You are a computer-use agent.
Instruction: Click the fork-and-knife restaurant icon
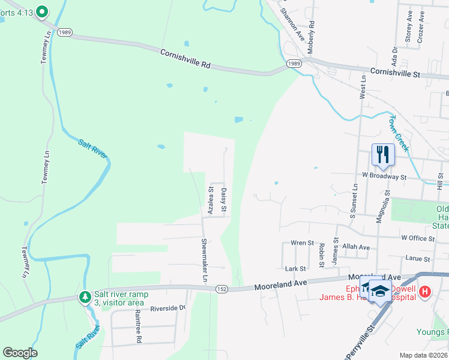[x=382, y=154]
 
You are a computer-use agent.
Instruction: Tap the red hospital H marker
[x=425, y=292]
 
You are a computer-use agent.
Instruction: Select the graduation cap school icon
[x=379, y=291]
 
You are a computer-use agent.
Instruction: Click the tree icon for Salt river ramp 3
[x=85, y=297]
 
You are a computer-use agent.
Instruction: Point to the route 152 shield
[x=221, y=289]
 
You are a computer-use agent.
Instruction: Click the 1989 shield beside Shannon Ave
[x=293, y=64]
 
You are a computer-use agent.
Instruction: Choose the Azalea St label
[x=211, y=200]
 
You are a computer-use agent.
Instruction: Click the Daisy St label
[x=224, y=200]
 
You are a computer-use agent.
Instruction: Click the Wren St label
[x=302, y=243]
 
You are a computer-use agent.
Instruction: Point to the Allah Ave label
[x=356, y=247]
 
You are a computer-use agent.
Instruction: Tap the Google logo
[x=20, y=353]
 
